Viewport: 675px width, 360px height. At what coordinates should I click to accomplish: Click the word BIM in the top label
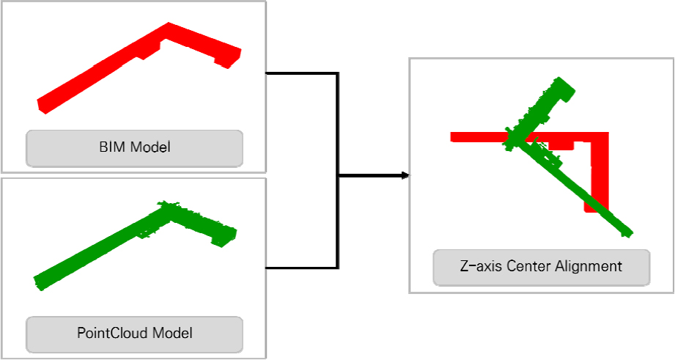113,147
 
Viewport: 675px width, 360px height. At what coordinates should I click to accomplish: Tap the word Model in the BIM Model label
151,147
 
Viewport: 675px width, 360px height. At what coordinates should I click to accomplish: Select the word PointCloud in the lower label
113,333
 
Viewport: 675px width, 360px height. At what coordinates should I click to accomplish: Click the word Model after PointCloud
173,333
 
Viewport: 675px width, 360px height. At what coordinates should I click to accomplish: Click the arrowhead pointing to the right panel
405,175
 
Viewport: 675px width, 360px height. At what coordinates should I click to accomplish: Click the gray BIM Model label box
135,148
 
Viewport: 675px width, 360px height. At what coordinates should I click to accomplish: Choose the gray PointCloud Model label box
135,334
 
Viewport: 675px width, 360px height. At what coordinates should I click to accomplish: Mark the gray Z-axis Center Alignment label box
542,267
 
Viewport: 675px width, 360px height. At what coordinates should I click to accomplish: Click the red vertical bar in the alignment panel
600,172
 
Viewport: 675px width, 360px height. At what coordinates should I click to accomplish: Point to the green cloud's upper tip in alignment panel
559,78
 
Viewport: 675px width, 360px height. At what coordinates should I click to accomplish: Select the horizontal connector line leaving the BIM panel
301,73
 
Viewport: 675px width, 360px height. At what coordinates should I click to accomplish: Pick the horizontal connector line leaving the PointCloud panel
301,268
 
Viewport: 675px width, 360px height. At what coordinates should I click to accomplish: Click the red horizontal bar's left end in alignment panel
451,137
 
